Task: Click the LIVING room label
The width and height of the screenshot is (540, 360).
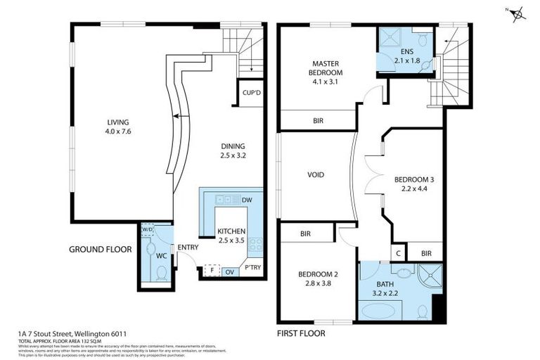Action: click(x=117, y=122)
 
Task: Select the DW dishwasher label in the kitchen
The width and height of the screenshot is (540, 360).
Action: click(x=246, y=200)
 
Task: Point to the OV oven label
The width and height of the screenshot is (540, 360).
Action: click(x=231, y=271)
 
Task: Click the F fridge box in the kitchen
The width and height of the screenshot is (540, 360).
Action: click(x=209, y=271)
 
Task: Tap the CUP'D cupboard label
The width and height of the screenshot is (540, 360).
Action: click(x=251, y=93)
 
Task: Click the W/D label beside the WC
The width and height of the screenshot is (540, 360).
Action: click(x=147, y=230)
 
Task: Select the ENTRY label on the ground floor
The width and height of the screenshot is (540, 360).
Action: click(x=188, y=247)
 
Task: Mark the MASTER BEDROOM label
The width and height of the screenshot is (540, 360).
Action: click(x=326, y=68)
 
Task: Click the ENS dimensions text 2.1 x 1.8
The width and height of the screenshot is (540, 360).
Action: click(x=406, y=61)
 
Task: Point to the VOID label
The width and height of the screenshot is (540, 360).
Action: click(x=316, y=175)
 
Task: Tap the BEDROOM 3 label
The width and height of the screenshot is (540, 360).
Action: click(x=414, y=179)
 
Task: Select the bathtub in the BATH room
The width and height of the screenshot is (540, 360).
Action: click(x=379, y=309)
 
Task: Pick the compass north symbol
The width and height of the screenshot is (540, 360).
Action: click(x=517, y=13)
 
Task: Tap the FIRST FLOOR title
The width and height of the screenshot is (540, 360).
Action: click(x=302, y=333)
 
